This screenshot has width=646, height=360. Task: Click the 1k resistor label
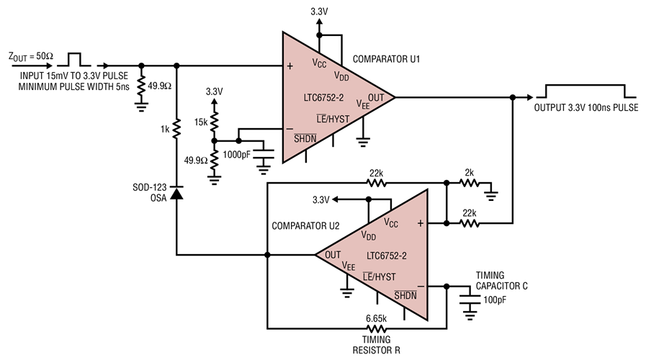tap(165, 130)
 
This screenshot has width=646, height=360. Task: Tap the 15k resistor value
tap(200, 122)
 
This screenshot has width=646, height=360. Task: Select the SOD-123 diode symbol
tap(176, 193)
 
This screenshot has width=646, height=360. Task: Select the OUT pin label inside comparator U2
tap(333, 254)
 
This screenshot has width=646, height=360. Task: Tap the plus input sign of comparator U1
tap(290, 66)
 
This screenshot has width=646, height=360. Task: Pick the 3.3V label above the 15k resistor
tap(215, 92)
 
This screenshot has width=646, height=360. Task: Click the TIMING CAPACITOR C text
tap(502, 280)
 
